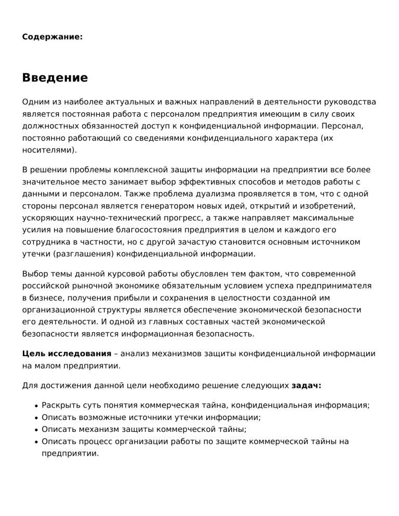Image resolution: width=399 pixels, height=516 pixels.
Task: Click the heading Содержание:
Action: pyautogui.click(x=52, y=37)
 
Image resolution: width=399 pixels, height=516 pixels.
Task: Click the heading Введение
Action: pyautogui.click(x=55, y=78)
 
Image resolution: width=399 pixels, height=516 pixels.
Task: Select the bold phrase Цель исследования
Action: pyautogui.click(x=66, y=354)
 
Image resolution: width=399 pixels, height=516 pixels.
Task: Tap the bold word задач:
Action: pyautogui.click(x=307, y=386)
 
